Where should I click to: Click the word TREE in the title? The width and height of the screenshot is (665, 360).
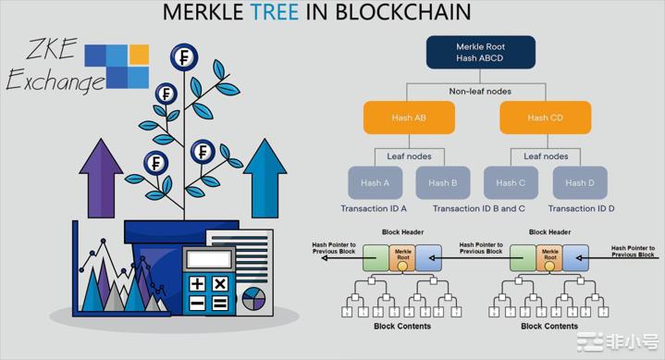tap(276, 12)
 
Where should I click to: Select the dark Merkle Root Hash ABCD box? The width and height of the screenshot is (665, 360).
tap(480, 52)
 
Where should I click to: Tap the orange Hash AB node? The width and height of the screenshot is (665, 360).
tap(408, 118)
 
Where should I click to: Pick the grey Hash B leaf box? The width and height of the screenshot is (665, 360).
tap(443, 182)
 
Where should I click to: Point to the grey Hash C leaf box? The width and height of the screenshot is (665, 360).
tap(511, 182)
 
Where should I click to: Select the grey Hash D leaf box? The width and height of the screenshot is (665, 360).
tap(580, 182)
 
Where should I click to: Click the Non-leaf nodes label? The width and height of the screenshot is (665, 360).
tap(480, 91)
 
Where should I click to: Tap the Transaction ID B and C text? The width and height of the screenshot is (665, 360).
tap(479, 209)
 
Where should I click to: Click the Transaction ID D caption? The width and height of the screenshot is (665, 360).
tap(581, 209)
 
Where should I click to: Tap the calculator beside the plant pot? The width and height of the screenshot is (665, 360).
tap(208, 280)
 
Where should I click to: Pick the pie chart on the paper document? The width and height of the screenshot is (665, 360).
tap(253, 297)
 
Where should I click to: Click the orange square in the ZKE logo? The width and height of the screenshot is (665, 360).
tap(139, 55)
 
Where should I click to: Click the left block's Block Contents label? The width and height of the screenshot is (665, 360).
tap(401, 326)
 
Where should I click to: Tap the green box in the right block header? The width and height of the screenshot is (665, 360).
tap(523, 258)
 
